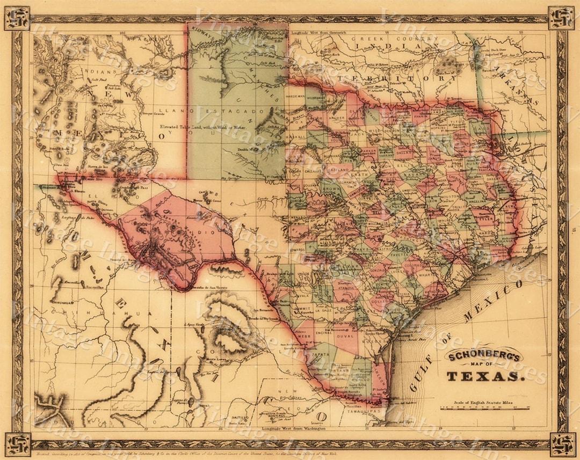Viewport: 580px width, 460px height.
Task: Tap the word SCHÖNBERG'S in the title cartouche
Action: tap(484, 355)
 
